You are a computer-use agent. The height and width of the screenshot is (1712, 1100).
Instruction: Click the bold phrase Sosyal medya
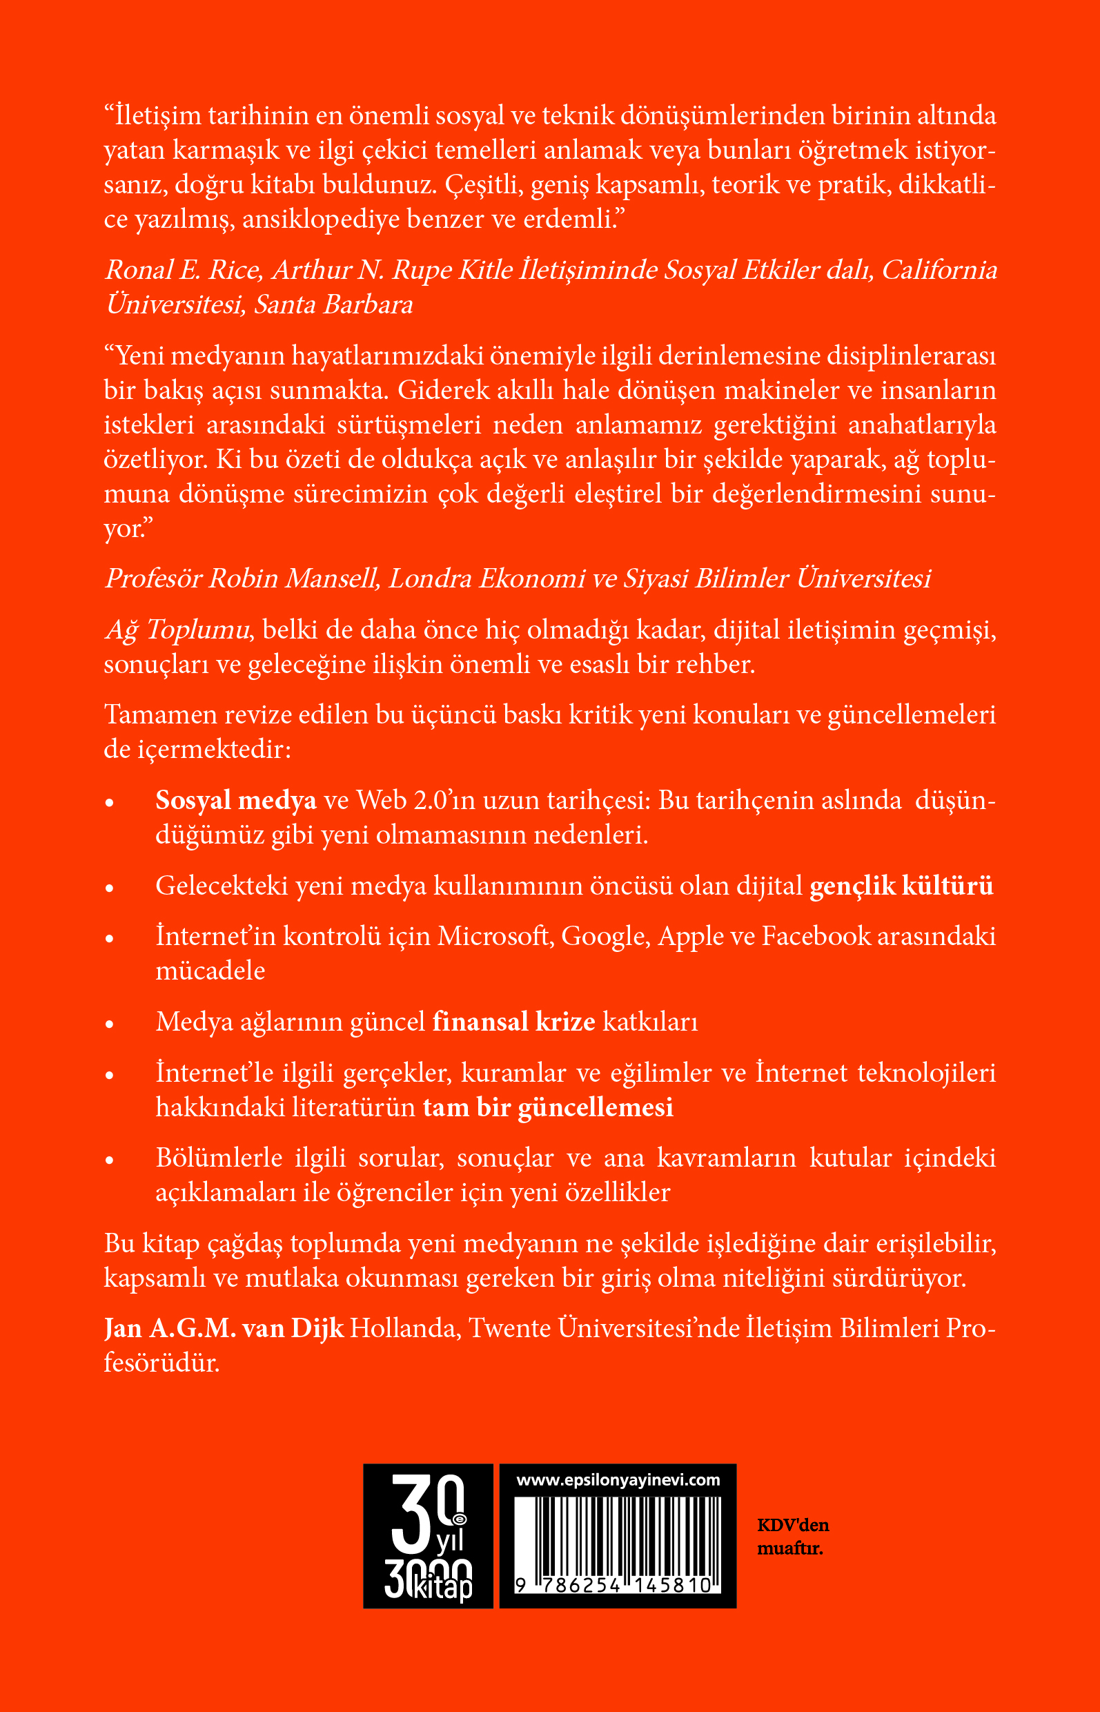(x=236, y=800)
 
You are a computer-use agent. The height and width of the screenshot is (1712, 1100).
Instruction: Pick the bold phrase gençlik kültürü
(x=901, y=886)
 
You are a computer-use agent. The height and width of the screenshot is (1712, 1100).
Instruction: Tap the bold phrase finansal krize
(x=513, y=1022)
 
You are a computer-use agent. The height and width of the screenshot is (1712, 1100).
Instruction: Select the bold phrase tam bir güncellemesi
(x=548, y=1107)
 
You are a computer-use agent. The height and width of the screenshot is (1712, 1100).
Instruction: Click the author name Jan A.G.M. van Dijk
(x=224, y=1328)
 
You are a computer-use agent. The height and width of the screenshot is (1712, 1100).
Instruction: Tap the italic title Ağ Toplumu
(x=177, y=630)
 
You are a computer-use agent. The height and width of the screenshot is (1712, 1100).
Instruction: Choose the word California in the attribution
(x=939, y=270)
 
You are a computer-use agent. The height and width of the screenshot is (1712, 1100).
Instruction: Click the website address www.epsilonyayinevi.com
(x=618, y=1480)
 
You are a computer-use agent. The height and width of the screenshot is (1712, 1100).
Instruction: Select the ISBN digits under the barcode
(x=614, y=1586)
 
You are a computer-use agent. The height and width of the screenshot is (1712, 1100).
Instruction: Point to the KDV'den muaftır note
(x=792, y=1537)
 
